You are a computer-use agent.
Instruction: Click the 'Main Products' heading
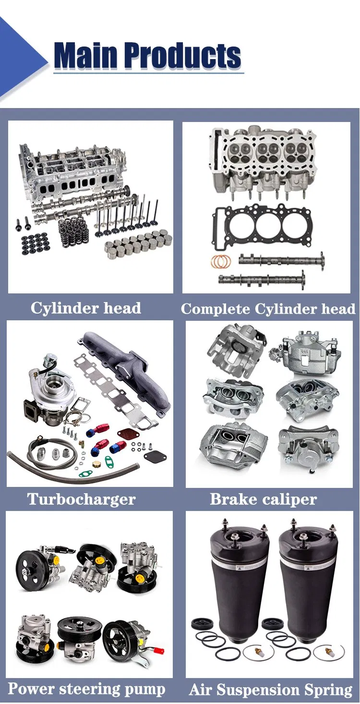coord(148,55)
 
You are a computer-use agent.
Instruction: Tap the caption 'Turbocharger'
coord(82,499)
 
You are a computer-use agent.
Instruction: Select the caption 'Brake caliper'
coord(263,499)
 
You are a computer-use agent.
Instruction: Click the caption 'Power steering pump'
coord(86,689)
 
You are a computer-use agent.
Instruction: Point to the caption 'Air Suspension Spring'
coord(270,690)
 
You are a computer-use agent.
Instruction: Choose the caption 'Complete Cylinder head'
coord(268,309)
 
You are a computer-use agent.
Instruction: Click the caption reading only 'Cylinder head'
coord(86,308)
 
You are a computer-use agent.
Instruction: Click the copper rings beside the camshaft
coord(221,261)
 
